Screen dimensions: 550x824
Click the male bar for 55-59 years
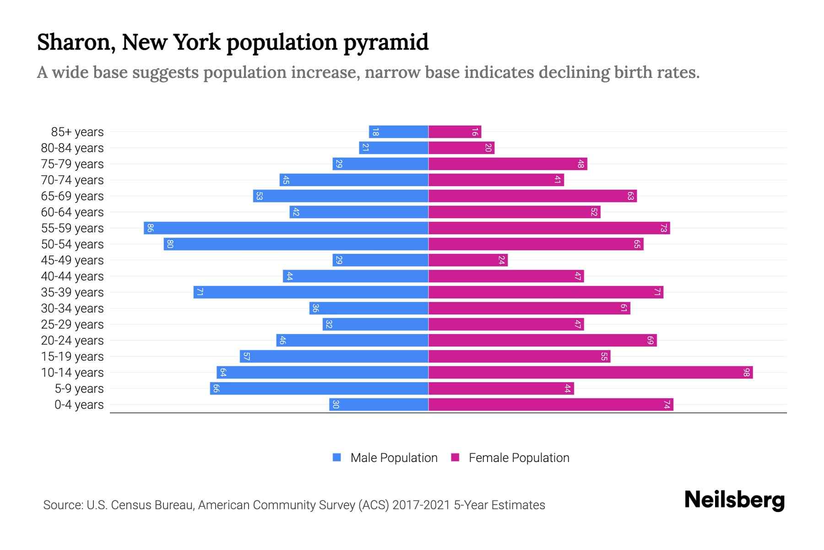[286, 228]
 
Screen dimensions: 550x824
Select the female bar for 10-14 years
[591, 373]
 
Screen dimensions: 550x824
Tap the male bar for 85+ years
[398, 132]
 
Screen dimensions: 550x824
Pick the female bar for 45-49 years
[468, 260]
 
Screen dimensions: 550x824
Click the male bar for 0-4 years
[379, 405]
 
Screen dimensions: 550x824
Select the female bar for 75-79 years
[508, 164]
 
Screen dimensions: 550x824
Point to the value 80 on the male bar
[170, 244]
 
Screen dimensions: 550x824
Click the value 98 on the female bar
[746, 373]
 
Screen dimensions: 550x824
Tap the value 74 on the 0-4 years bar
[667, 405]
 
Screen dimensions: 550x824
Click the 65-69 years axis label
[72, 196]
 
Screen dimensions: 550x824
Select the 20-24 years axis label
[72, 341]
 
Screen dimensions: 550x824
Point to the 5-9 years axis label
[79, 389]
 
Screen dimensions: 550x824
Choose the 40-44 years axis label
[72, 276]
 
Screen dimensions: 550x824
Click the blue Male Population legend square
[337, 457]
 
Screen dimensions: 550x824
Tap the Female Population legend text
[519, 458]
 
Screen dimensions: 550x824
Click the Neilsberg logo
[734, 500]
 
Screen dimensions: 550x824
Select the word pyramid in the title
[385, 42]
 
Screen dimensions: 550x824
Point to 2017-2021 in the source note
[421, 505]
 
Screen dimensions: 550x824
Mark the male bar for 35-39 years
[311, 292]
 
